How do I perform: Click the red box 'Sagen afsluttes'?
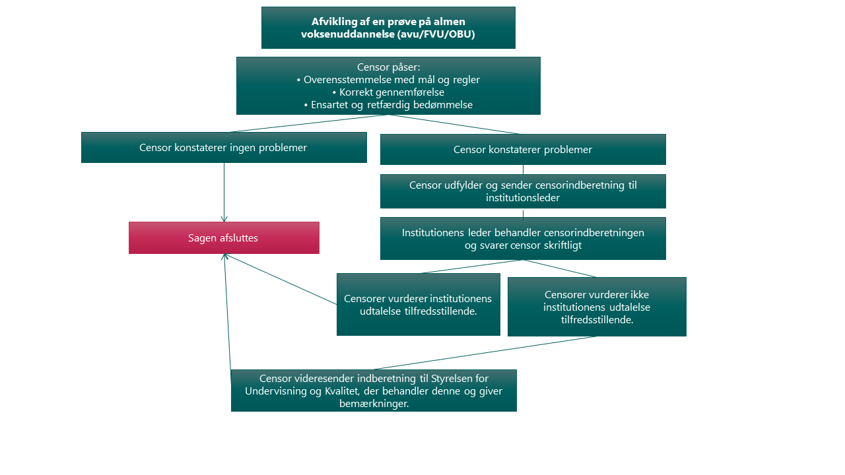click(224, 237)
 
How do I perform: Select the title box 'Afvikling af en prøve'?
click(388, 28)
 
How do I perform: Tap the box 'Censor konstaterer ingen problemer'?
click(224, 147)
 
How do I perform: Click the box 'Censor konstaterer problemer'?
click(523, 150)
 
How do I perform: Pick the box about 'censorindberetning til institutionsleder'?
click(523, 191)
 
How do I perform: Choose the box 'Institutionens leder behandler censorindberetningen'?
click(523, 239)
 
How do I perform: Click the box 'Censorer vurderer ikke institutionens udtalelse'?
click(597, 307)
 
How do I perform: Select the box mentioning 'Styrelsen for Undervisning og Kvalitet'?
click(374, 391)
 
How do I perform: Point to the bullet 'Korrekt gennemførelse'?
click(388, 92)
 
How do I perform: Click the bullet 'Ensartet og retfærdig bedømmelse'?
click(388, 105)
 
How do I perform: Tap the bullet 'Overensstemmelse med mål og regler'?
click(388, 80)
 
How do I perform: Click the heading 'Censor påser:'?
click(388, 67)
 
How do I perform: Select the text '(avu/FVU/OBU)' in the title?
click(436, 34)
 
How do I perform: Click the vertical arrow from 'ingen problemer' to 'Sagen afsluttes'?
click(224, 191)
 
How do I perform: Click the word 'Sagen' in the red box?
click(201, 238)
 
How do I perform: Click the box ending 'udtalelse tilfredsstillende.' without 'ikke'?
click(419, 305)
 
